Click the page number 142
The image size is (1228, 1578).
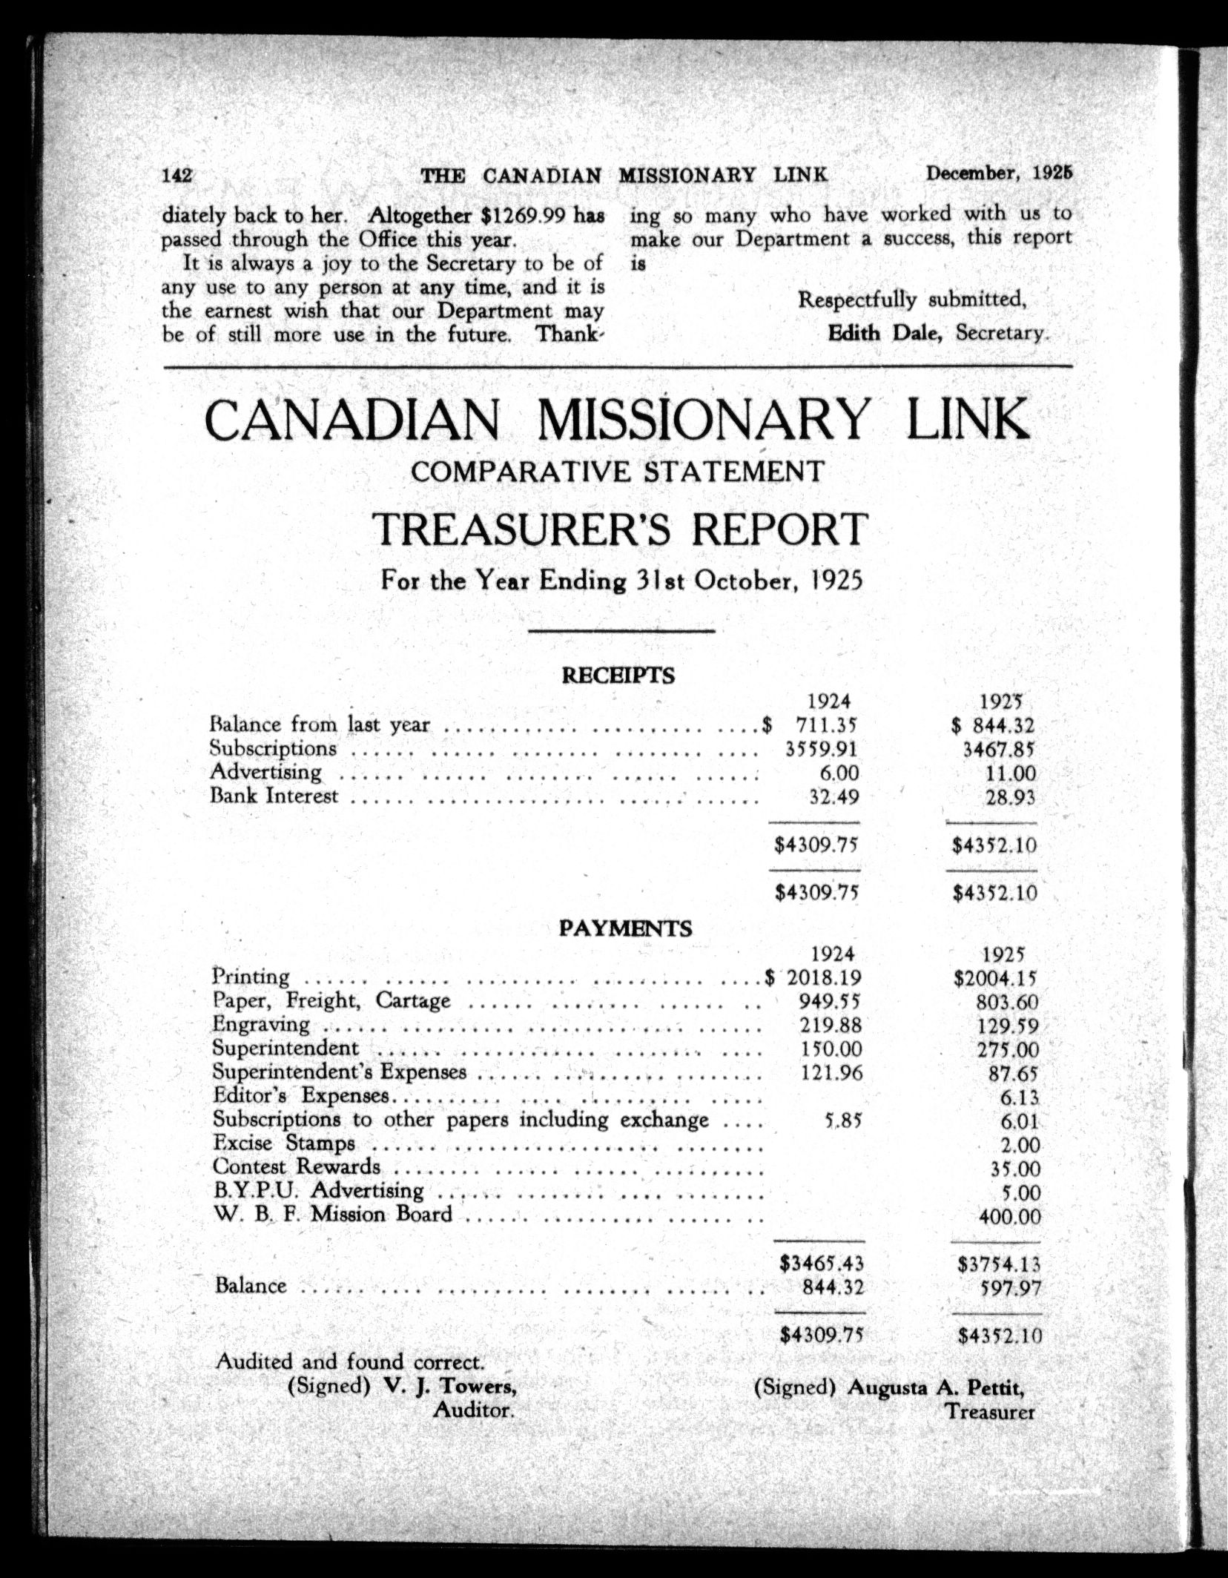tap(177, 176)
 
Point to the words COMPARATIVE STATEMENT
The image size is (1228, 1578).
tap(617, 472)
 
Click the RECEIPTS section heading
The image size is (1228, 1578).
tap(618, 676)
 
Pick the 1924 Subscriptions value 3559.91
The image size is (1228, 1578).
tap(822, 749)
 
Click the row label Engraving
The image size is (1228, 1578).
tap(261, 1025)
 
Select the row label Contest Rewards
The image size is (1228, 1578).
tap(297, 1166)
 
